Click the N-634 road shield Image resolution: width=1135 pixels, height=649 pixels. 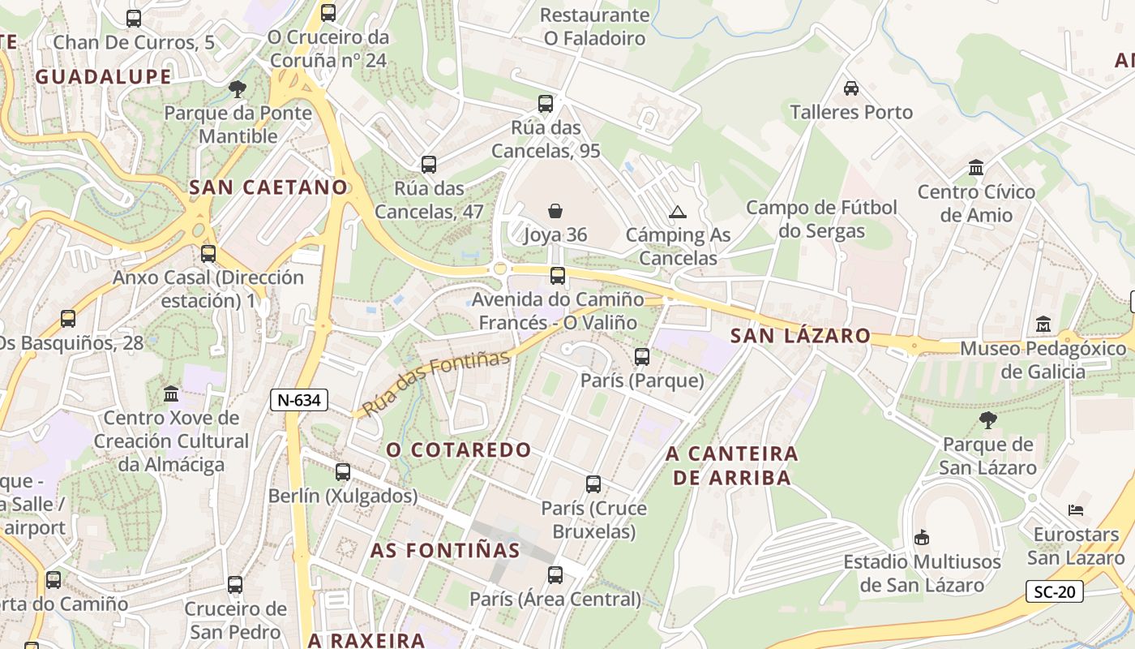(x=299, y=399)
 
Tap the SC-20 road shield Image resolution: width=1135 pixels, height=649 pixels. (x=1055, y=591)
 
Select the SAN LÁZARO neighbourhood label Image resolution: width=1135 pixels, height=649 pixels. (x=800, y=336)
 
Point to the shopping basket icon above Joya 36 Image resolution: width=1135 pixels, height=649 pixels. (x=555, y=212)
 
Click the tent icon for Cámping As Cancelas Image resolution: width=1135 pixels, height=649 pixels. (x=678, y=213)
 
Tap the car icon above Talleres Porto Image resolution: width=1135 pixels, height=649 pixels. (x=851, y=88)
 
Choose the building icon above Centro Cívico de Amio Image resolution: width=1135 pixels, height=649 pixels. (x=976, y=168)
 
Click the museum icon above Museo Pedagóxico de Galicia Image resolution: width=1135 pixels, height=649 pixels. (x=1043, y=324)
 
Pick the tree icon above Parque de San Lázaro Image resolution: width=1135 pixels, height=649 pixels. (x=987, y=420)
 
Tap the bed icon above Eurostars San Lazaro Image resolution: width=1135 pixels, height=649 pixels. (x=1075, y=511)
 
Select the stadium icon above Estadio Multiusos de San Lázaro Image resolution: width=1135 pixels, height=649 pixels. (x=922, y=537)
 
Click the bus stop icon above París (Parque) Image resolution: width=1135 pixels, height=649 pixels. (x=642, y=356)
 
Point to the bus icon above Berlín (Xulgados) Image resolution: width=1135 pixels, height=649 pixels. (x=343, y=472)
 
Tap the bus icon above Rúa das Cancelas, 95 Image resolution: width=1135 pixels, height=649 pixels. (x=546, y=104)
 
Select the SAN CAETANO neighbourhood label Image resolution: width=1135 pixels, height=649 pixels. (x=268, y=187)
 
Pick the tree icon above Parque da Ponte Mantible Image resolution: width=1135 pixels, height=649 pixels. (x=238, y=88)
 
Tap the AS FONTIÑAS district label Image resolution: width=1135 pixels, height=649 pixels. (x=445, y=550)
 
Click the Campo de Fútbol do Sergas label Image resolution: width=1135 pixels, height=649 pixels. (x=821, y=219)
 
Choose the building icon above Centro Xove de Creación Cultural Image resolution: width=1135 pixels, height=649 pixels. (x=171, y=394)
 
